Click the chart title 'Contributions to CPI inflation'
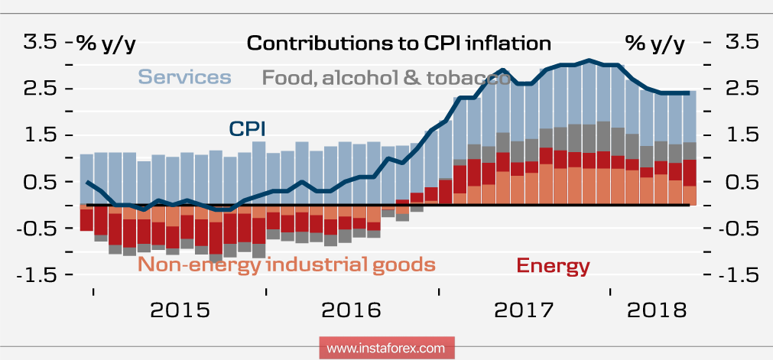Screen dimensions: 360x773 (x=398, y=43)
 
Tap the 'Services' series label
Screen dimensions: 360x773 (x=184, y=77)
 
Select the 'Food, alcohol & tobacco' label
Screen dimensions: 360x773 (x=386, y=77)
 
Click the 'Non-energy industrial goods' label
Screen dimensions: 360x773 (x=287, y=265)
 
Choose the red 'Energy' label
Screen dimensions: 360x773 (x=553, y=266)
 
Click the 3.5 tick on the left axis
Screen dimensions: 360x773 (x=38, y=42)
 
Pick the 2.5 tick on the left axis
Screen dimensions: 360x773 (x=38, y=89)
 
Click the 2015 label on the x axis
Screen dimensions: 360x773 (x=180, y=310)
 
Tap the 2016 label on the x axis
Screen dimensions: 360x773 (x=351, y=310)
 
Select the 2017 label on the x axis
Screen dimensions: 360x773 (x=525, y=310)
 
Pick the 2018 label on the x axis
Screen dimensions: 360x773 (x=655, y=310)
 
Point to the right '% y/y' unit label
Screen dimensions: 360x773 (x=655, y=44)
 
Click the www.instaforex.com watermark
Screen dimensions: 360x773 (x=386, y=348)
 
